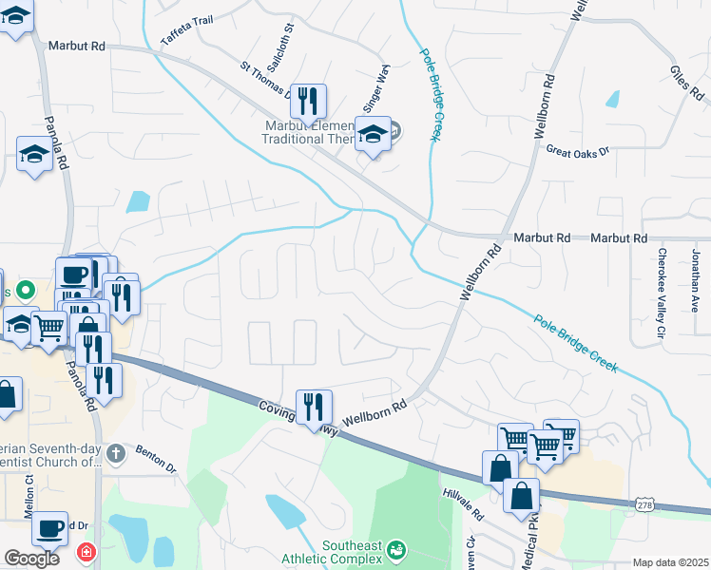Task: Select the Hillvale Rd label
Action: pos(464,504)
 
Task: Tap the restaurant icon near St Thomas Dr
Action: pos(308,99)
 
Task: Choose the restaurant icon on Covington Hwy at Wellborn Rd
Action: pos(313,406)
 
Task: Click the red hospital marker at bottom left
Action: pos(86,552)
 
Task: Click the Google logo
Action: pos(31,558)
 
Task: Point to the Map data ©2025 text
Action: pos(670,562)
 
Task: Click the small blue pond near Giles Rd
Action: pos(612,99)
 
